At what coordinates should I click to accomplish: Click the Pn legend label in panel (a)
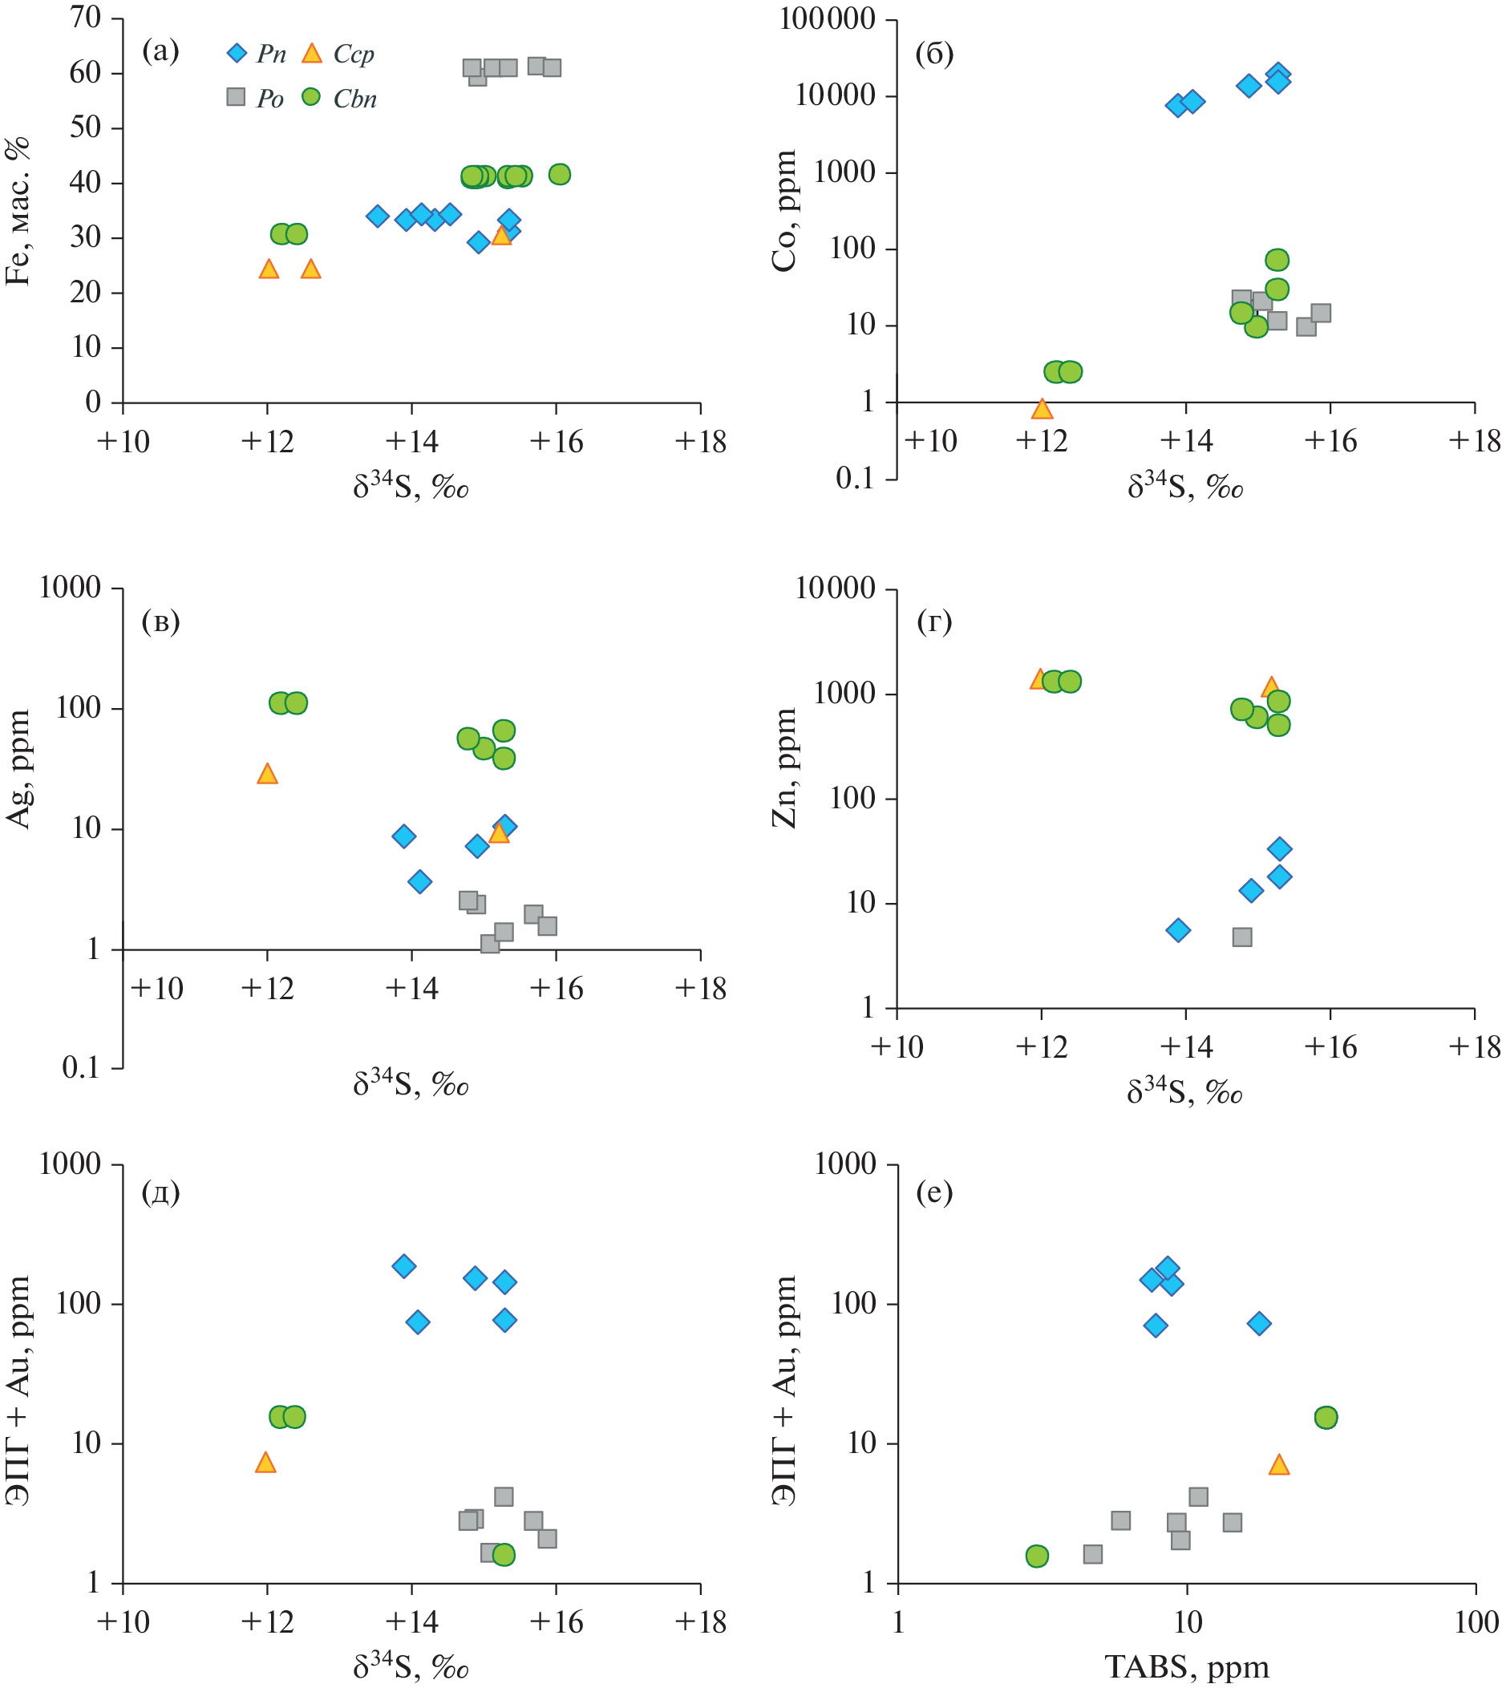click(271, 55)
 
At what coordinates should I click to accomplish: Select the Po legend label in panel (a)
click(270, 99)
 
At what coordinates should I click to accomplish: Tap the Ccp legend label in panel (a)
click(354, 55)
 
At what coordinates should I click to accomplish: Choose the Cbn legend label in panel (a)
click(355, 99)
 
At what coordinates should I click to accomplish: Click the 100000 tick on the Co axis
click(827, 19)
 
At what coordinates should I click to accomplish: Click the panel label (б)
click(934, 54)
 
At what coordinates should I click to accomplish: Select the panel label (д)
click(160, 1192)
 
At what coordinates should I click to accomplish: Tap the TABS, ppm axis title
click(1186, 1667)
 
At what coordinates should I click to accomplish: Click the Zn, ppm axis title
click(784, 768)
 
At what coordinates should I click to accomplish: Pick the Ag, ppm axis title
click(18, 768)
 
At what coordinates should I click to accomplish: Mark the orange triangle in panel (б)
click(1042, 409)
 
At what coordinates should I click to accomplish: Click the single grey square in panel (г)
click(1242, 937)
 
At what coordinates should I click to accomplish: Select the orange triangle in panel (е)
click(1278, 1465)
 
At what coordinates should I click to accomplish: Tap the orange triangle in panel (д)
click(265, 1463)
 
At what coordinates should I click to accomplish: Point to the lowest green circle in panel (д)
click(504, 1554)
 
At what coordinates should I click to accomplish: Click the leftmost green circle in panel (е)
click(1037, 1556)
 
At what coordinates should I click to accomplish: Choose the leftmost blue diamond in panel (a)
click(378, 217)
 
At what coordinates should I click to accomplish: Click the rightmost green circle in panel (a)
click(559, 174)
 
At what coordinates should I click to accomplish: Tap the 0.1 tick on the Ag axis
click(80, 1068)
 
